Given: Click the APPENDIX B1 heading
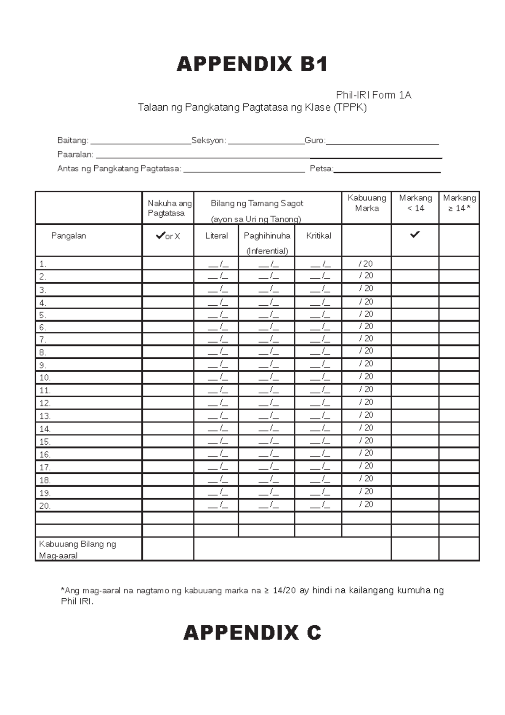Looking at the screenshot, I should [252, 64].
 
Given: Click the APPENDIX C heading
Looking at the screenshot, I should [252, 633].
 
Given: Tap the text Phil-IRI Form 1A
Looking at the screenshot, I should [373, 96].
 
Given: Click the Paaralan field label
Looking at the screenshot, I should [75, 155].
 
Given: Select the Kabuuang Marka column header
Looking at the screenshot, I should [367, 203].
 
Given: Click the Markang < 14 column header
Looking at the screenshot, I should [415, 203].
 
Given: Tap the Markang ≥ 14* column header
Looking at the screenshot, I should [459, 203].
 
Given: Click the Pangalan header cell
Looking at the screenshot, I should [69, 236].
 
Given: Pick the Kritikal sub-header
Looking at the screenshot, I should [318, 236].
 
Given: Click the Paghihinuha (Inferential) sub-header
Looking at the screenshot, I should [267, 243].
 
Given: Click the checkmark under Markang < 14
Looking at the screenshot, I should [415, 235].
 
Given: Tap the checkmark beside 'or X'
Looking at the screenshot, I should [160, 236].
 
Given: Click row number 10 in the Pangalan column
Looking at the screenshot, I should [45, 378].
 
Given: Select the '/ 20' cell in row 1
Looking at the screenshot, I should [366, 264].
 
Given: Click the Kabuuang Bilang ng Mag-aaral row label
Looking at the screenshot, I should [77, 550].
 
